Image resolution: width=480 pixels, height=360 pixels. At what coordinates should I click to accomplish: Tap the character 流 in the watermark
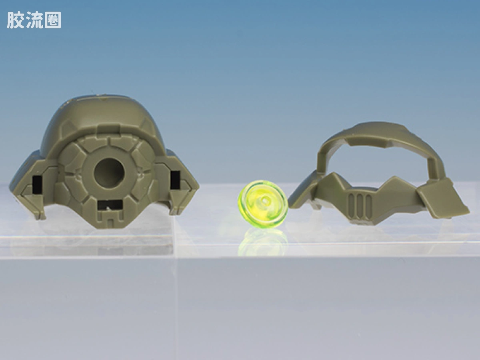(34, 20)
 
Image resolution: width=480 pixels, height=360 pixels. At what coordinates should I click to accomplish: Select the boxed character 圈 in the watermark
(53, 20)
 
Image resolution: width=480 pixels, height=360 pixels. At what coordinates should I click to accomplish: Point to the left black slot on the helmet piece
(37, 185)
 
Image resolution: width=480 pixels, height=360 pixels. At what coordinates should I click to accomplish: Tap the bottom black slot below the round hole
(110, 204)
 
